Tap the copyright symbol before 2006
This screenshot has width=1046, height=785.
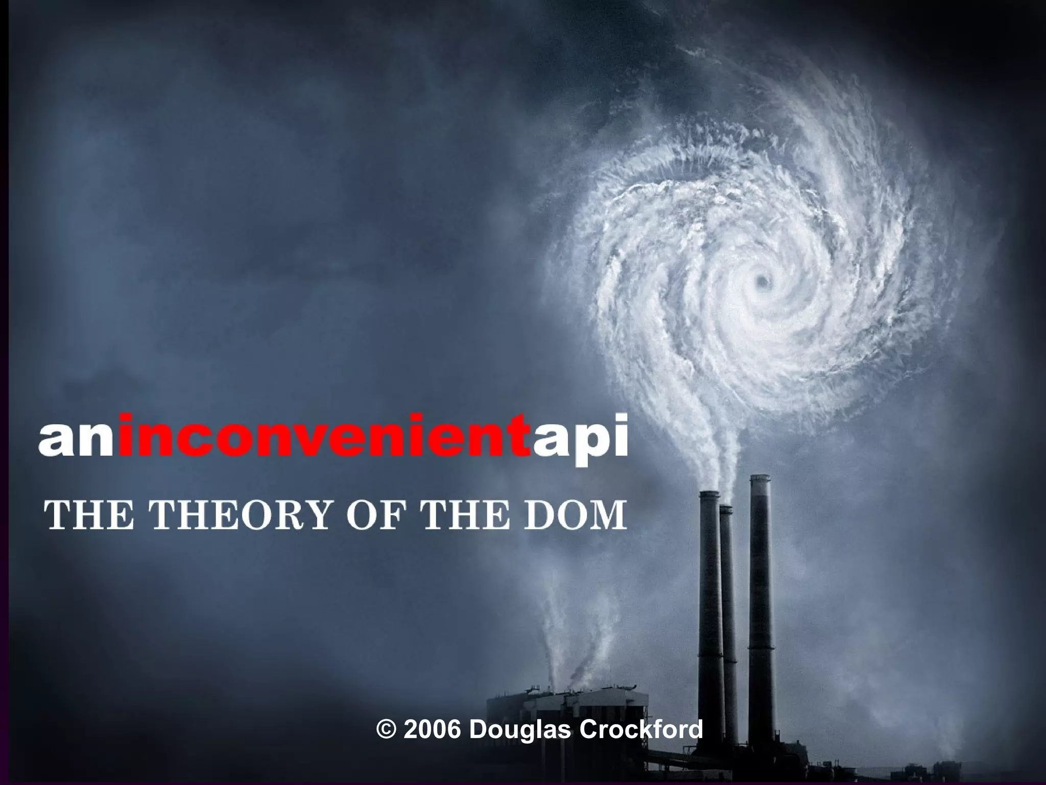pos(386,729)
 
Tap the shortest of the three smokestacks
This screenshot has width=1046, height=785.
pos(727,613)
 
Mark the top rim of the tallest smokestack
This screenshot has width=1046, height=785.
pos(759,477)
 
